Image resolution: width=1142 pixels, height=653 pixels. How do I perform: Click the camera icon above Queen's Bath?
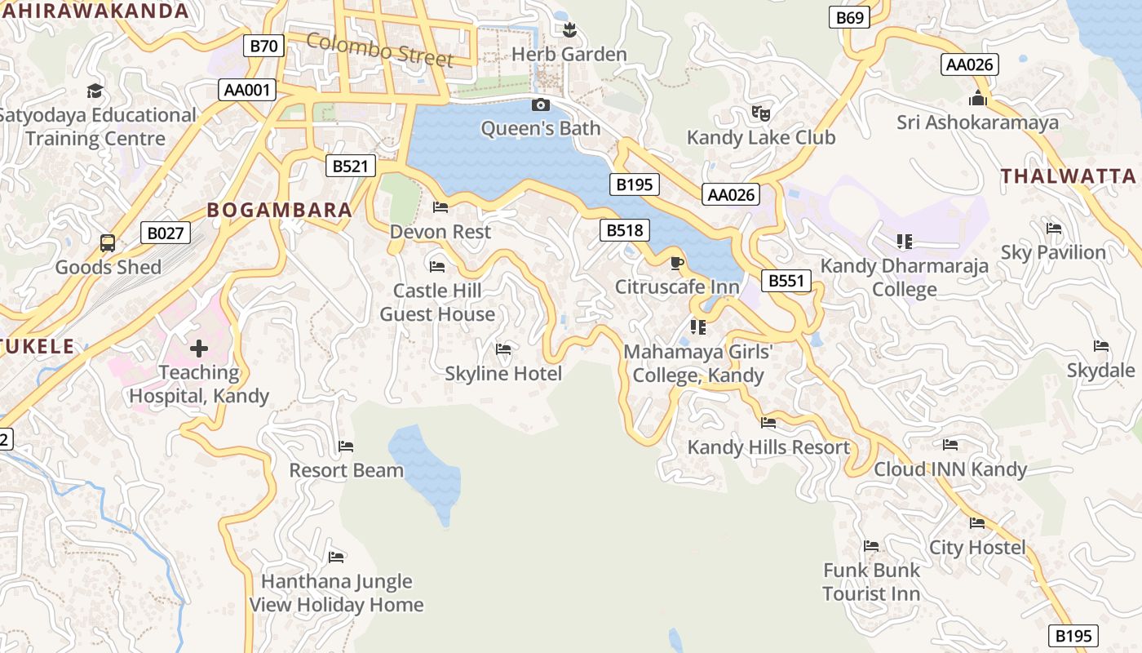(540, 104)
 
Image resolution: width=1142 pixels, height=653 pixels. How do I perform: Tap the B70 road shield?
(263, 46)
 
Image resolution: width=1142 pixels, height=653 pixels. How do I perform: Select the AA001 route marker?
(246, 90)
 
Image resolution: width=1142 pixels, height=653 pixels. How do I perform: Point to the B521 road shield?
(351, 166)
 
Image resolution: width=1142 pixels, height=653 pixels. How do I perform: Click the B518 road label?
(626, 230)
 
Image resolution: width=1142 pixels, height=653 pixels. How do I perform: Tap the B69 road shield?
(849, 17)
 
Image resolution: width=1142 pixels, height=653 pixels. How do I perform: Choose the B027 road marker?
(166, 233)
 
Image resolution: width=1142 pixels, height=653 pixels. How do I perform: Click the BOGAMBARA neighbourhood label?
(280, 210)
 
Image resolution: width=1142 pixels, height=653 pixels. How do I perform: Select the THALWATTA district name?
(1068, 176)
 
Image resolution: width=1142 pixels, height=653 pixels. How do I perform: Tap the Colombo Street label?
(379, 49)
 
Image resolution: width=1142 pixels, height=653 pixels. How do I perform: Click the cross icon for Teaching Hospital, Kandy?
(198, 349)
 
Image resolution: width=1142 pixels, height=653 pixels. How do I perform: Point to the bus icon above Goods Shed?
(108, 242)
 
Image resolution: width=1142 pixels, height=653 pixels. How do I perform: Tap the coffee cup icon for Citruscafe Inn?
(676, 263)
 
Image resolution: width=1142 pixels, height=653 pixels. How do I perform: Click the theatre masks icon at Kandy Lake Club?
(761, 113)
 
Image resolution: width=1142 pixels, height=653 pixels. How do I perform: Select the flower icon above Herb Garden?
(569, 30)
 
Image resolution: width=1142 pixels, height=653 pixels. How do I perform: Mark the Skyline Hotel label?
(503, 374)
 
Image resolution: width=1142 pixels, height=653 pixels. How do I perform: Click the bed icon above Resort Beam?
(346, 446)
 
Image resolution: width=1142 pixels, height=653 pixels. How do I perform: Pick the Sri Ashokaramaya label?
(977, 122)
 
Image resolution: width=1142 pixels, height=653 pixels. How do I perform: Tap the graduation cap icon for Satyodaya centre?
(95, 90)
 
